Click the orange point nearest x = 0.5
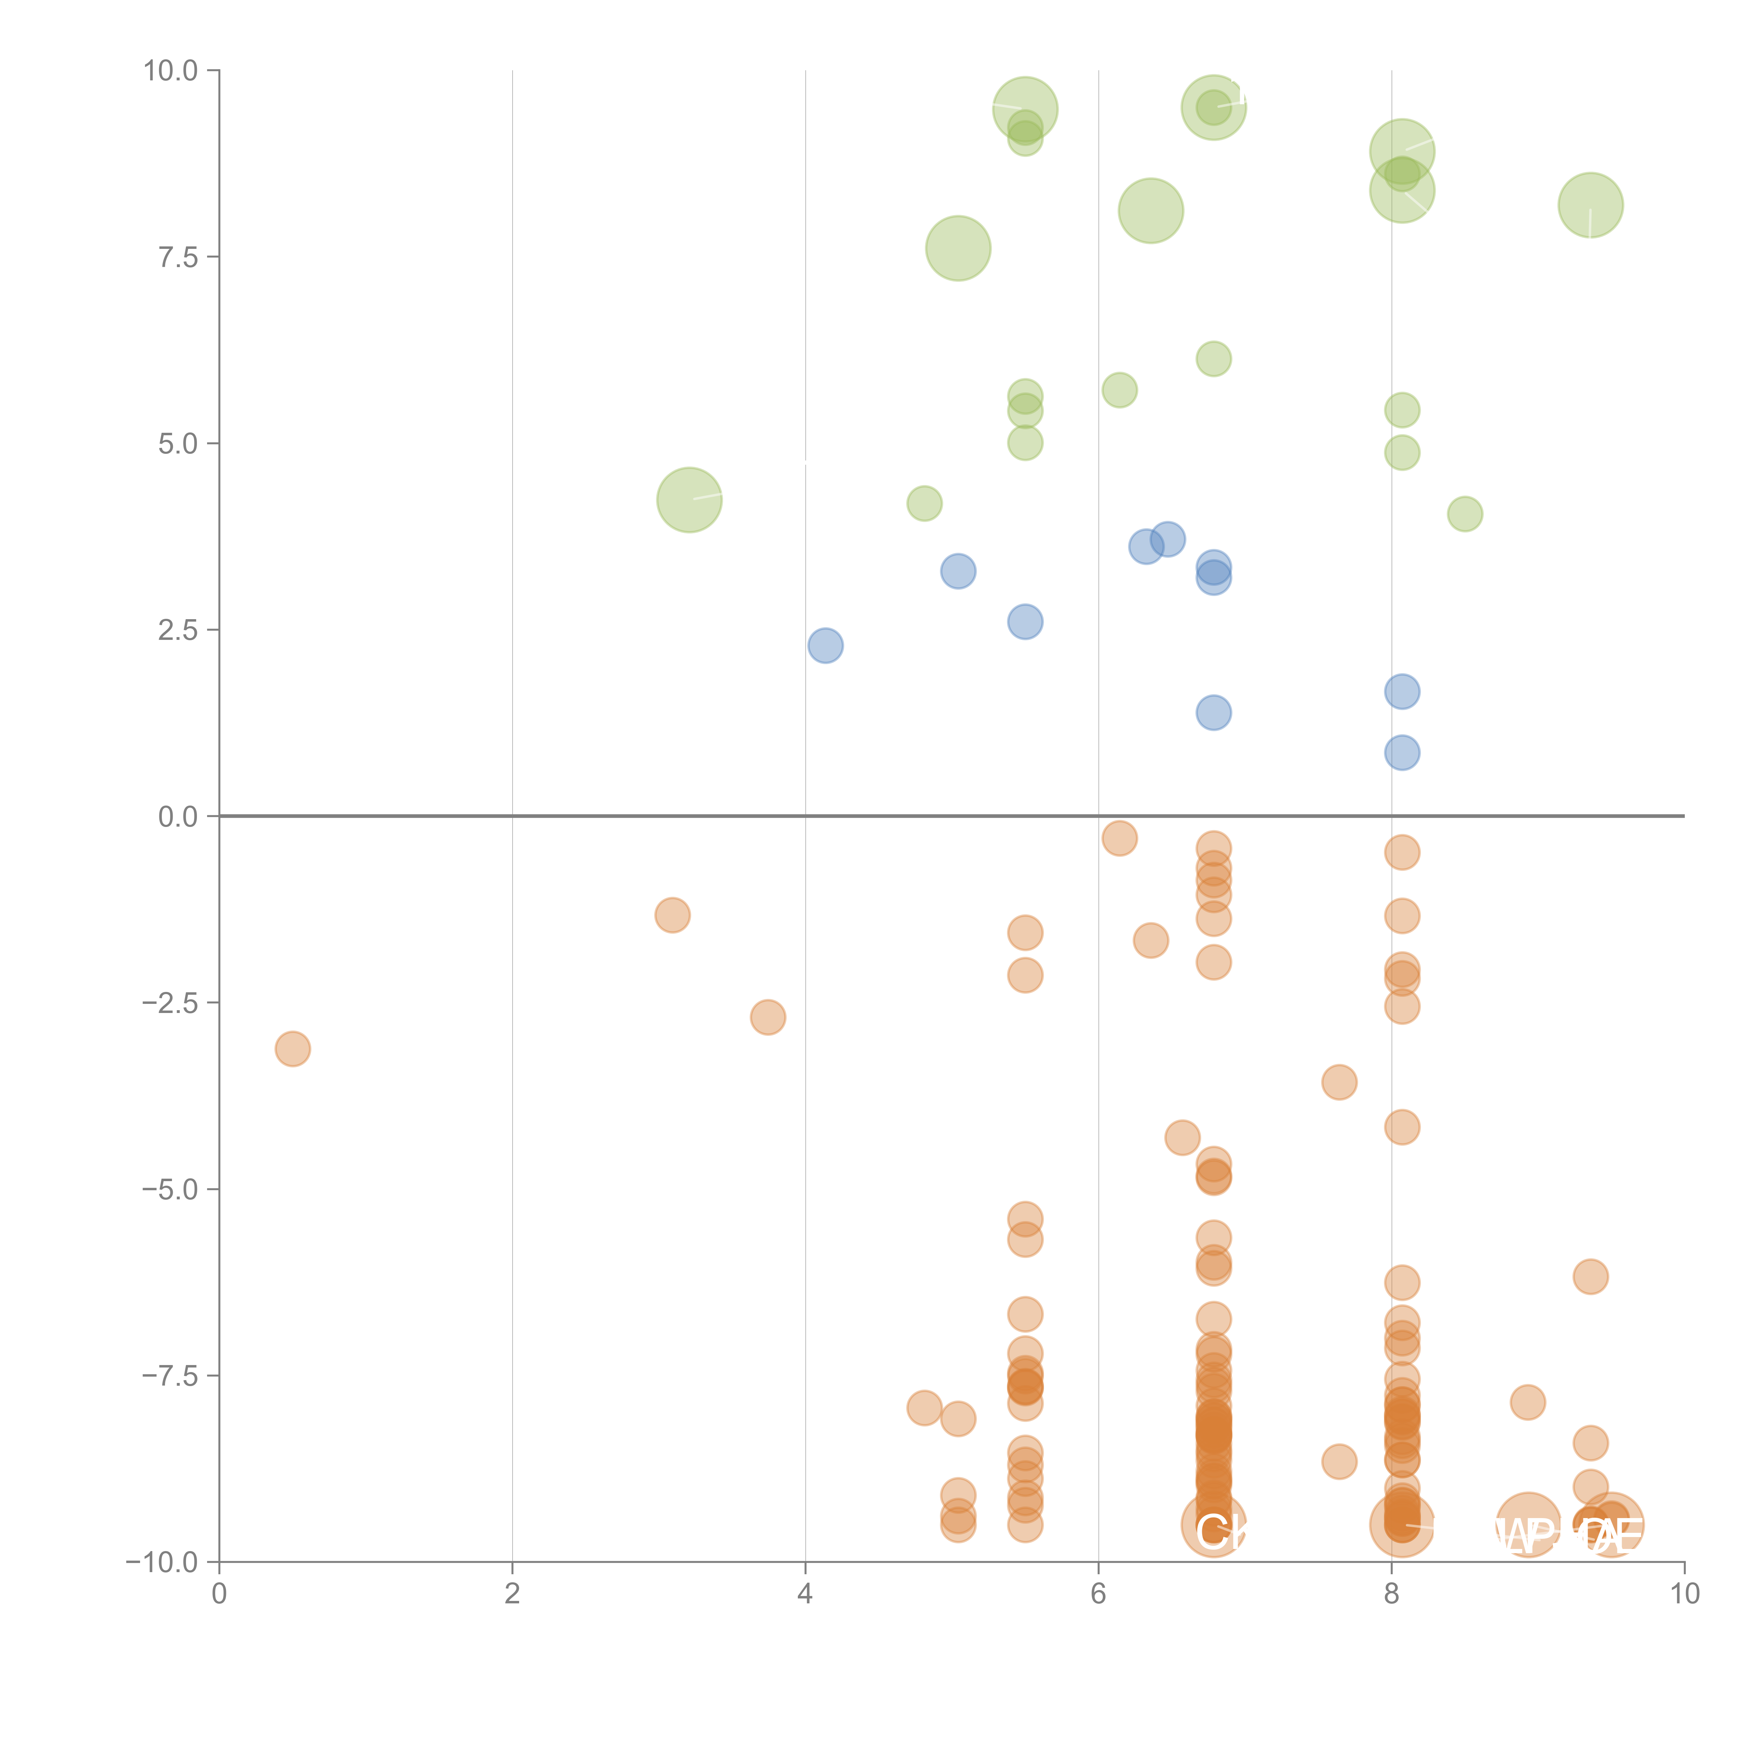point(292,1049)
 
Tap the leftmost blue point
point(825,646)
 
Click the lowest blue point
point(1402,752)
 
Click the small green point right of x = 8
point(1464,514)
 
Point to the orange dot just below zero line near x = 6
point(1119,837)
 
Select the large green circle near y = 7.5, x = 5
point(958,248)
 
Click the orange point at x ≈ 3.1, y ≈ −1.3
point(672,915)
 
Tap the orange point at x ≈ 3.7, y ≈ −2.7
point(768,1018)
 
